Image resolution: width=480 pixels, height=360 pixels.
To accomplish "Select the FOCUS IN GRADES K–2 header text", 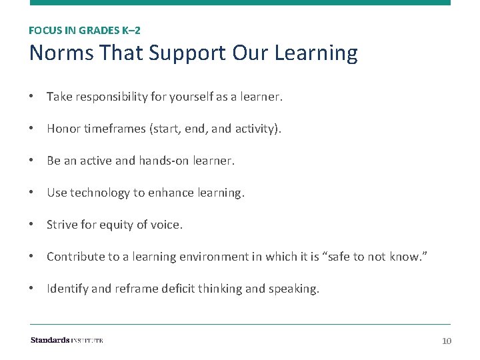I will [85, 30].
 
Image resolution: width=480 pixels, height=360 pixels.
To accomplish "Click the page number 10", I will [447, 341].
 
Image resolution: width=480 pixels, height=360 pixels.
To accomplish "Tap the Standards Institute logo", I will [67, 341].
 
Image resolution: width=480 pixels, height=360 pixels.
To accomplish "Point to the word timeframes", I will [113, 129].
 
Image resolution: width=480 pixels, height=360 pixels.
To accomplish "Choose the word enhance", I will [167, 193].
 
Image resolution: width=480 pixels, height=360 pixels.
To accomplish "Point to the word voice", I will [167, 225].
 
